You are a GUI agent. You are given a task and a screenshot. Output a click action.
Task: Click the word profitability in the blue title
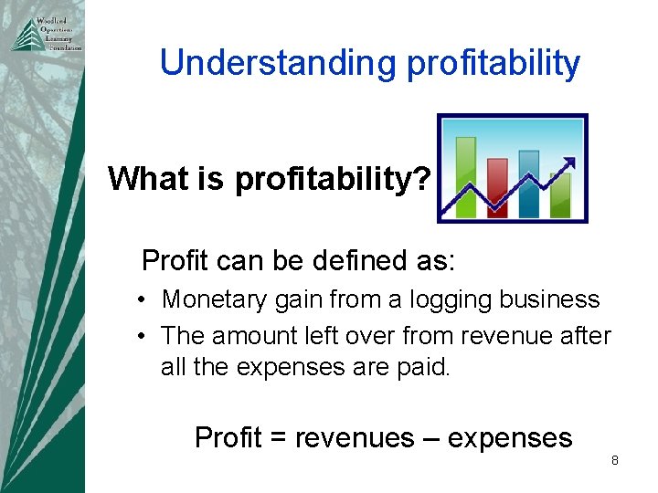point(493,63)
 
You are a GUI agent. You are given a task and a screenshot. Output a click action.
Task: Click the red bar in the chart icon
point(497,187)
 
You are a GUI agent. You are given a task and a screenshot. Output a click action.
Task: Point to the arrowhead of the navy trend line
point(569,163)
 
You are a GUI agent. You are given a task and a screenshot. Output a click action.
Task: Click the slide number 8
point(615,460)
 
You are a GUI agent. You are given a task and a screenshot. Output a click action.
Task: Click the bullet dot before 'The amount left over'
point(145,336)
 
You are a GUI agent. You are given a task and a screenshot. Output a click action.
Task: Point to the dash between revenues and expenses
point(443,438)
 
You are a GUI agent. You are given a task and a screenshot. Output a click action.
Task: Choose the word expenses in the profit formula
point(515,438)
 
